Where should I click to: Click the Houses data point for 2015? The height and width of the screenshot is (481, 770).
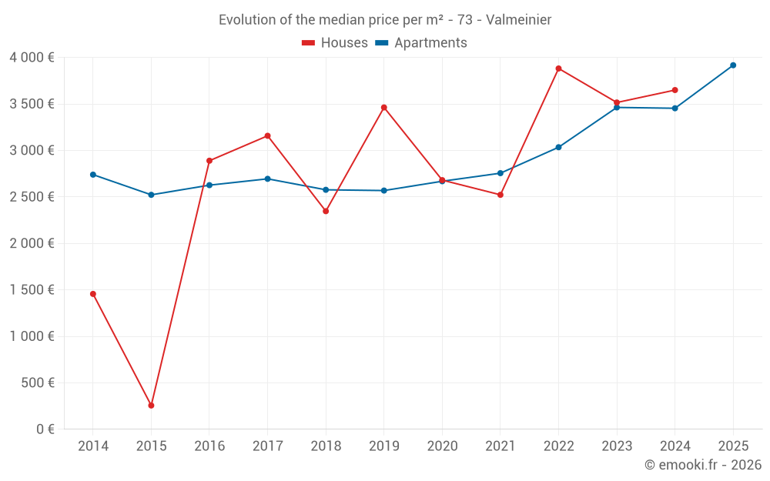151,406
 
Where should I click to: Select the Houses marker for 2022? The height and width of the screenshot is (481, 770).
558,68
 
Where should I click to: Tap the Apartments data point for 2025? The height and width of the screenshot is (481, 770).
733,65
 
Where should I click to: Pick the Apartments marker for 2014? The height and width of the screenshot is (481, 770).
93,175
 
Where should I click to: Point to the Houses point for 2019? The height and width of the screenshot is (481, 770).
384,108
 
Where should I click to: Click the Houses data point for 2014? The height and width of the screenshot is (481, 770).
93,294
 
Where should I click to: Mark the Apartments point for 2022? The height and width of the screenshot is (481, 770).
558,147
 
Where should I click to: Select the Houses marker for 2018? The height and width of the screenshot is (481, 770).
326,211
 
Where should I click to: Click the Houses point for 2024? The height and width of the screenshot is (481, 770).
675,90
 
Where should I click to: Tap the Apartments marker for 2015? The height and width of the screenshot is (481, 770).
151,195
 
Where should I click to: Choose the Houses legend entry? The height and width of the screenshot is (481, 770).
335,43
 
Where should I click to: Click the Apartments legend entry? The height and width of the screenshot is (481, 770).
421,43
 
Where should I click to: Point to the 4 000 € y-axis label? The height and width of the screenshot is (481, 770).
32,58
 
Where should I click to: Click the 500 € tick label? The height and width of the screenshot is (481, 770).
38,383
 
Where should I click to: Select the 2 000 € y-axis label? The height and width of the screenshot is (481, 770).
32,244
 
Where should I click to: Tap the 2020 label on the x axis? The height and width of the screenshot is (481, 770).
442,446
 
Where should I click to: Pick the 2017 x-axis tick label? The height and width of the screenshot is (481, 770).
267,446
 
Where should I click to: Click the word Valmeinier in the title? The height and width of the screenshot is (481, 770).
518,20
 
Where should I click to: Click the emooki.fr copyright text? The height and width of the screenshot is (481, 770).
702,465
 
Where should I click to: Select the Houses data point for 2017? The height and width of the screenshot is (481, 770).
267,136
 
